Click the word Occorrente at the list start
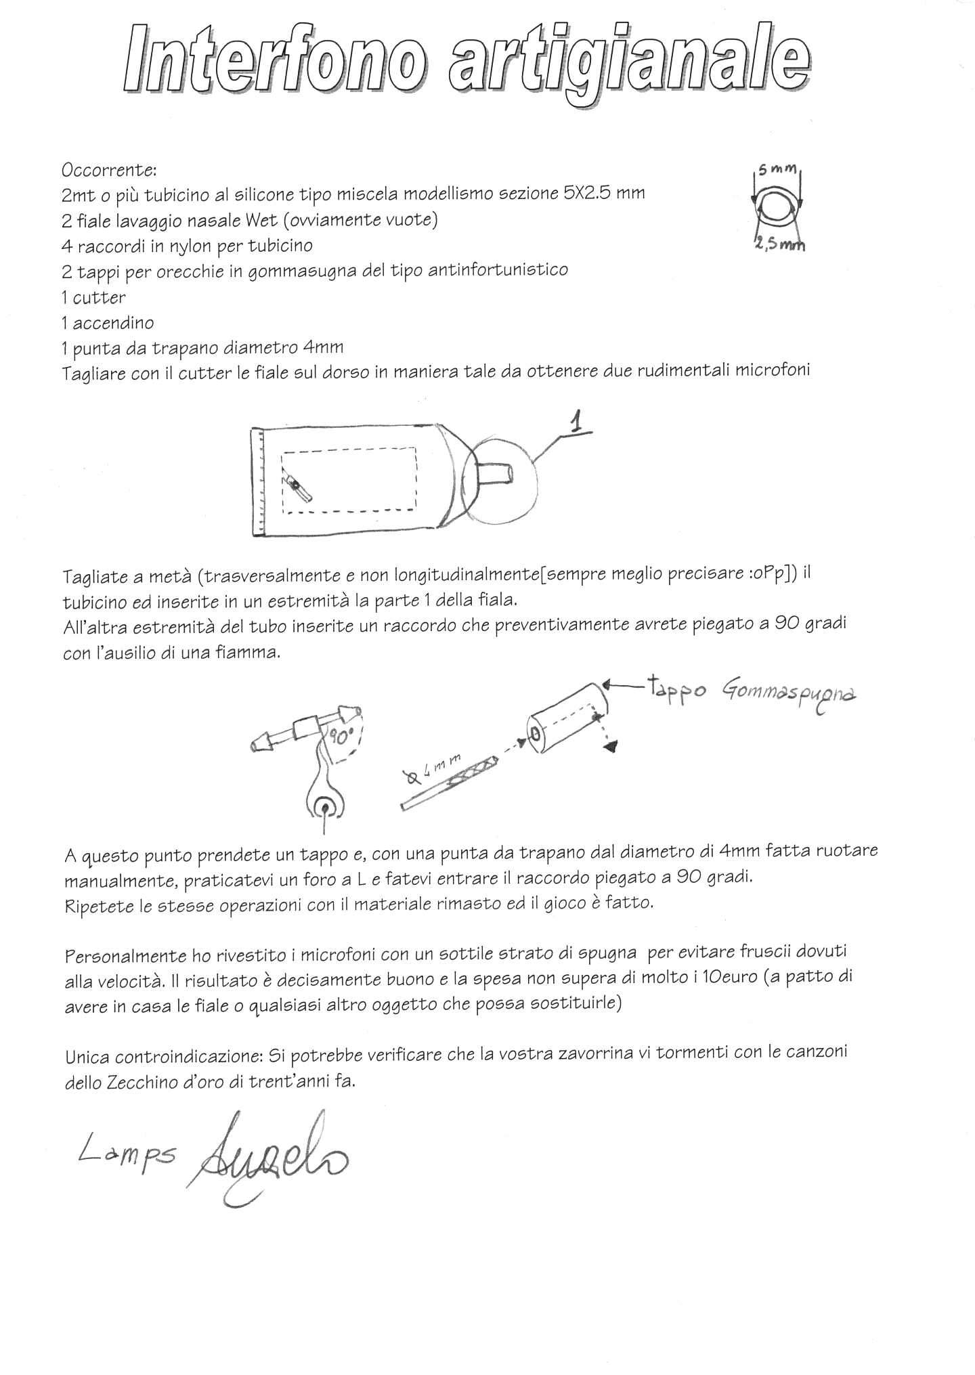click(108, 170)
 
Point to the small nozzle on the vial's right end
click(499, 473)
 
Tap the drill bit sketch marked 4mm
click(450, 782)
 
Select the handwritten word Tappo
click(676, 691)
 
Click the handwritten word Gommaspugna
click(789, 694)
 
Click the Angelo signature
click(271, 1158)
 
